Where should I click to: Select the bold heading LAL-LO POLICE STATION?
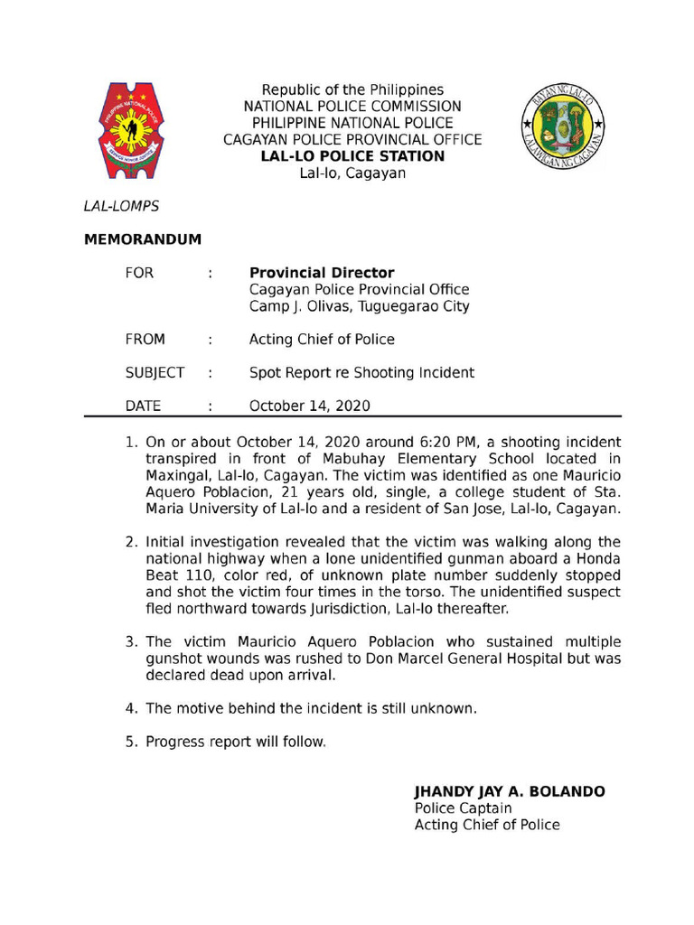tap(352, 156)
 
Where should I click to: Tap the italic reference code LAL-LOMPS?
tap(121, 206)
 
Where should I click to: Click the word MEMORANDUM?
tap(143, 239)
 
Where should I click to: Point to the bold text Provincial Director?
tap(322, 273)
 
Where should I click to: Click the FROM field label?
tap(145, 340)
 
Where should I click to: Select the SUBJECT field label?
tap(155, 372)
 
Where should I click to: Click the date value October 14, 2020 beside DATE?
tap(309, 406)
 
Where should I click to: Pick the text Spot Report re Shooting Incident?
tap(361, 372)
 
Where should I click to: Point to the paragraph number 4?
tap(130, 708)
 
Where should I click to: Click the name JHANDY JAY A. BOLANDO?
tap(510, 791)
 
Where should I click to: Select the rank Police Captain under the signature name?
tap(463, 808)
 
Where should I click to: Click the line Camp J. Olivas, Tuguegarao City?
tap(360, 306)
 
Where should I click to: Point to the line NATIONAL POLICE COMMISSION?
tap(352, 107)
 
